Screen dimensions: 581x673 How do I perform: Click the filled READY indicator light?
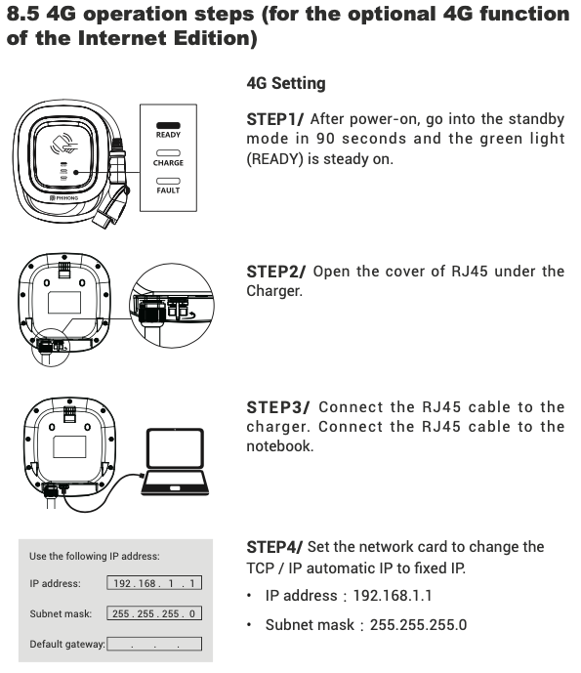click(168, 125)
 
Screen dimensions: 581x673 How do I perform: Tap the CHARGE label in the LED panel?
click(168, 163)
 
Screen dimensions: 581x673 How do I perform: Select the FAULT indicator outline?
click(168, 181)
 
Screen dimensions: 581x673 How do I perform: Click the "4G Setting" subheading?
click(286, 83)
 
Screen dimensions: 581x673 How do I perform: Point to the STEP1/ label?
click(275, 119)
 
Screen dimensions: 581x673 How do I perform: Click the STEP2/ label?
click(276, 272)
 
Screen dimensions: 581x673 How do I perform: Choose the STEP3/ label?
click(278, 407)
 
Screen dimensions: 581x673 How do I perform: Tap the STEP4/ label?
click(274, 547)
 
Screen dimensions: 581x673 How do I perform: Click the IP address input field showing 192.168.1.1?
click(154, 583)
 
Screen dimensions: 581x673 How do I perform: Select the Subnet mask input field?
click(154, 613)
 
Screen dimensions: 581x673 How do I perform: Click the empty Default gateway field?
click(154, 644)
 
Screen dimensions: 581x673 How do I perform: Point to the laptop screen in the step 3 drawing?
click(175, 448)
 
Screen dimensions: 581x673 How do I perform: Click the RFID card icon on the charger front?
click(64, 145)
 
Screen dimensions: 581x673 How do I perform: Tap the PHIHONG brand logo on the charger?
click(63, 198)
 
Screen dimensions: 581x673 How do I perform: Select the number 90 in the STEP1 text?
click(325, 139)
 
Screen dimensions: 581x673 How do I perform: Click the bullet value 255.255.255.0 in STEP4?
click(418, 625)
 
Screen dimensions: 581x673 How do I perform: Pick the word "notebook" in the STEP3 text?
click(280, 446)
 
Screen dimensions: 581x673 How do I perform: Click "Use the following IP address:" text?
click(95, 556)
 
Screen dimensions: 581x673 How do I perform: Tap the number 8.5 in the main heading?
click(23, 15)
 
